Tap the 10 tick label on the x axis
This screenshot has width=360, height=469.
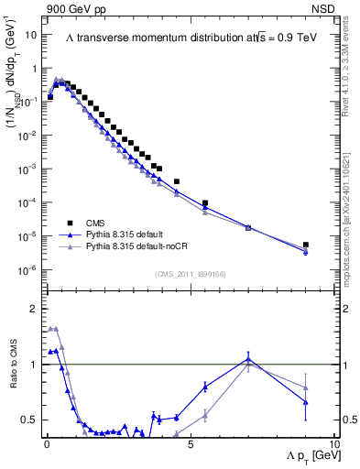[332, 442]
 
